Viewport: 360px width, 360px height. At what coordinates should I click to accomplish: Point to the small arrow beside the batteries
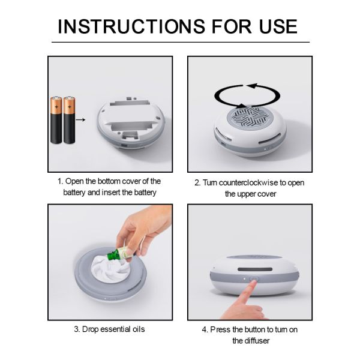click(x=83, y=120)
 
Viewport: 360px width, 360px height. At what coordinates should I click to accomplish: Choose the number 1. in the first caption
click(x=61, y=181)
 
